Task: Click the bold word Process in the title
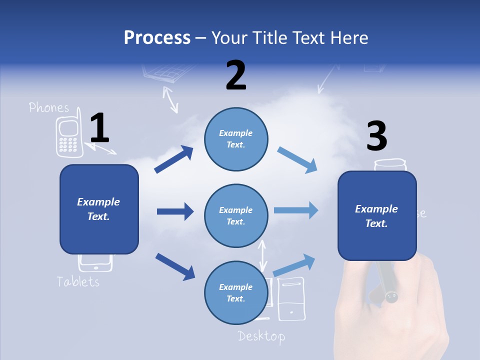(x=157, y=37)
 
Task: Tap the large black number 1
(x=99, y=128)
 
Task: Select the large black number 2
(x=236, y=75)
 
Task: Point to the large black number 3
(x=376, y=136)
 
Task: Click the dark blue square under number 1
(x=99, y=209)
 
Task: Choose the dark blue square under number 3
(x=377, y=216)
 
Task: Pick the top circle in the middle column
(x=236, y=139)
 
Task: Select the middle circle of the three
(x=236, y=216)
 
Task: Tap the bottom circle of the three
(x=236, y=292)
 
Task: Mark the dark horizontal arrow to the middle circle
(x=175, y=211)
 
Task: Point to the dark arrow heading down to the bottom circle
(x=175, y=266)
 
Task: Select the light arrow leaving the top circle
(x=297, y=160)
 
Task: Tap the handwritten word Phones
(x=49, y=107)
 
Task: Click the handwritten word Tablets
(x=78, y=281)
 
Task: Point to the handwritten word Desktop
(x=261, y=335)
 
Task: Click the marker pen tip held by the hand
(x=391, y=297)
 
